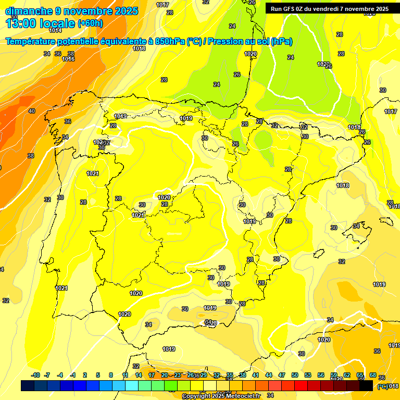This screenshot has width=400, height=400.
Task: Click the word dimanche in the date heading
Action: click(28, 11)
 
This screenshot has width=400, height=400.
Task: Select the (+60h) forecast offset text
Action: click(90, 23)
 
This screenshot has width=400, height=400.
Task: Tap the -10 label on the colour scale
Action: click(35, 376)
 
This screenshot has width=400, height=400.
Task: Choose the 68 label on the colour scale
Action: click(373, 376)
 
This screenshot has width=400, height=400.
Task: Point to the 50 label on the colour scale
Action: click(295, 376)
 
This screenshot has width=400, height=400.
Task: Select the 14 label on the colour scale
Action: click(139, 376)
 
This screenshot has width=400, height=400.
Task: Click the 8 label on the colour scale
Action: click(111, 376)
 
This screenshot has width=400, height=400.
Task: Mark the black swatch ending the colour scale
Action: click(366, 385)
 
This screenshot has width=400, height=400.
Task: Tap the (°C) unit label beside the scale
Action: click(383, 386)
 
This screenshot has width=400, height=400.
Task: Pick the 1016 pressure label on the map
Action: click(68, 59)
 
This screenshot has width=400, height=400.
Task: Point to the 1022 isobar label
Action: click(323, 64)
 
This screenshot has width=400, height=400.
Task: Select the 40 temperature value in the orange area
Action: click(32, 111)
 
